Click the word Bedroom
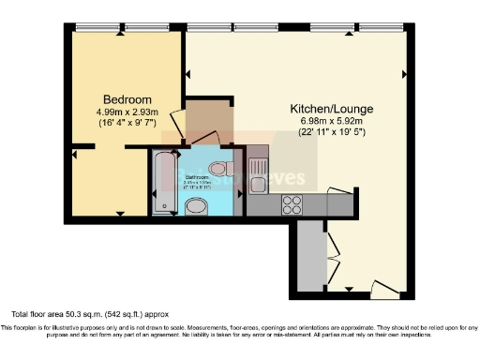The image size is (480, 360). coord(123,99)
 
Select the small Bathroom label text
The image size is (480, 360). coord(197,177)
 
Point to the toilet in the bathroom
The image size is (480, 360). coord(219,168)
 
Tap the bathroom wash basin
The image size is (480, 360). coord(198,207)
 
